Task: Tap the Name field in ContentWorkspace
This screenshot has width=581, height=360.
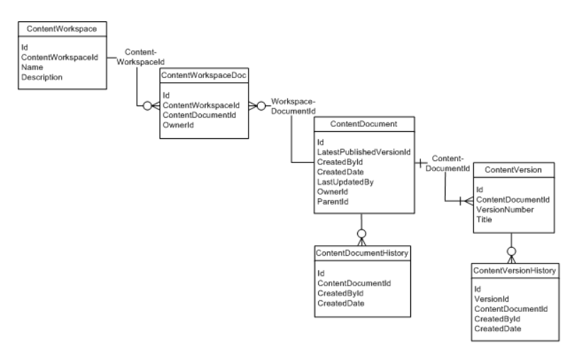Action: [x=33, y=67]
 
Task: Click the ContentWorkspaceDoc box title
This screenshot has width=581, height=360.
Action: [x=204, y=74]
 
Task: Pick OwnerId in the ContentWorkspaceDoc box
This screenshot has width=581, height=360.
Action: [x=179, y=125]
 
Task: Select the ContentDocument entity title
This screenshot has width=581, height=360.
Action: [x=363, y=124]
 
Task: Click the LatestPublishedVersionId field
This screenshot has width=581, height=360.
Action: [x=363, y=152]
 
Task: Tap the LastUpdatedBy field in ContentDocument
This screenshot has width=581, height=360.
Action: [x=345, y=182]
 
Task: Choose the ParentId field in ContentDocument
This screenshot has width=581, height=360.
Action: [x=333, y=202]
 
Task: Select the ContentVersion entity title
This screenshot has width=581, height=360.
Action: [x=512, y=170]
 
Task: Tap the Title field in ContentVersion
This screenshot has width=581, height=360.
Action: [x=485, y=220]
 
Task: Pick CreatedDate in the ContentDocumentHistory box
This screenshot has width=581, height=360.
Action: [x=341, y=303]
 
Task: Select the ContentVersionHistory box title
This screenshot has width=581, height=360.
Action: [x=514, y=270]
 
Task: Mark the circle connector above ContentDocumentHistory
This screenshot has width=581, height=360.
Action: [x=361, y=232]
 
